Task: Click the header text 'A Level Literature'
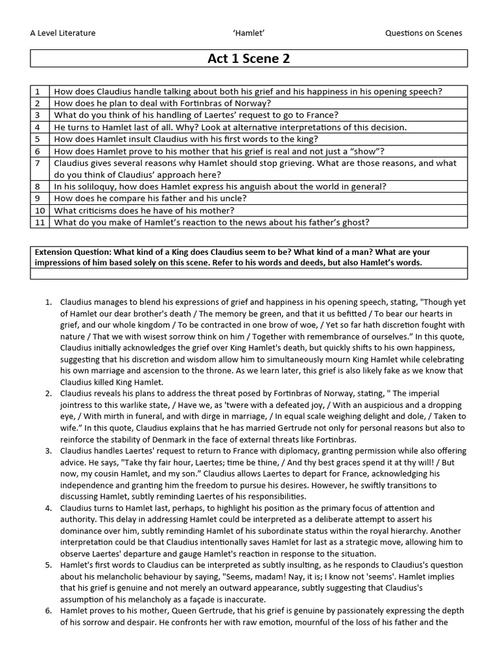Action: point(63,33)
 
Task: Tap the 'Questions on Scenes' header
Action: point(423,33)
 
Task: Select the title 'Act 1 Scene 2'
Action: point(248,58)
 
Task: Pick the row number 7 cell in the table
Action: point(38,163)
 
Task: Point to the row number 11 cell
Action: point(40,222)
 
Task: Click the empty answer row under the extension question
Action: point(248,274)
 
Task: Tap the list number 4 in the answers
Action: point(48,508)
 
